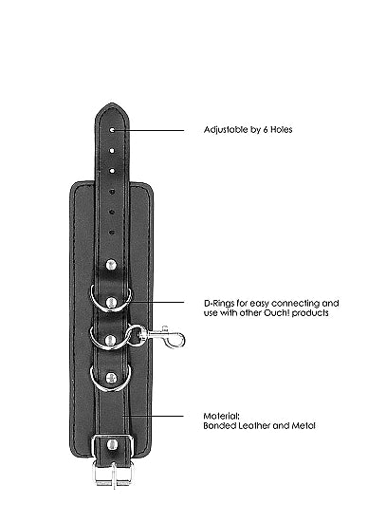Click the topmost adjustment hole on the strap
coord(112,130)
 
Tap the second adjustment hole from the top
coord(112,151)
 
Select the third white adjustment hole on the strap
coord(112,171)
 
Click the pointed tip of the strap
coord(112,103)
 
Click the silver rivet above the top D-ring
coord(111,266)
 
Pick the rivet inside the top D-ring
coord(111,302)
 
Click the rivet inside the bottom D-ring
coord(111,378)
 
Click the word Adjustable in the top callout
coord(226,129)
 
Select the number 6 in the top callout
coord(266,129)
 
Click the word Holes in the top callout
coord(282,129)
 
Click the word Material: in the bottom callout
coord(221,417)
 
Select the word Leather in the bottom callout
coord(251,426)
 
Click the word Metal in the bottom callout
coord(304,426)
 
